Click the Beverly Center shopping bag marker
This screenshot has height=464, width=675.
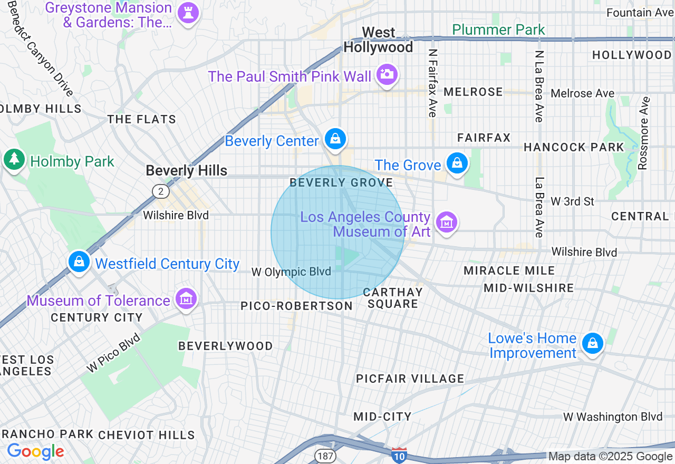coord(335,139)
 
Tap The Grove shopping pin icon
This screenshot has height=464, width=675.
coord(457,163)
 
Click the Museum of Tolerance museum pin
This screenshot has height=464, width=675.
coord(187,299)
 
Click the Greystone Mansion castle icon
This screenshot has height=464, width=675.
coord(188,12)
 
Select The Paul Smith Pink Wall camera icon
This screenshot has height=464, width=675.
coord(387,74)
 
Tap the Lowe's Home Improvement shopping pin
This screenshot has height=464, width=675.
coord(593,343)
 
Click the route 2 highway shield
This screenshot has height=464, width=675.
coord(160,191)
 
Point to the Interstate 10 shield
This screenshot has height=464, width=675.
coord(399,455)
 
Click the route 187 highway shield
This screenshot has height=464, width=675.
coord(323,455)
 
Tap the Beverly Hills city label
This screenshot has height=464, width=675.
coord(186,171)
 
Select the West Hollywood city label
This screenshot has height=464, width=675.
coord(378,40)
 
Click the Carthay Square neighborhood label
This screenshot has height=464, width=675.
coord(393,298)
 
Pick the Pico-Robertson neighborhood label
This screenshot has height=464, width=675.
coord(296,306)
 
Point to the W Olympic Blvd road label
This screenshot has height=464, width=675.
coord(291,272)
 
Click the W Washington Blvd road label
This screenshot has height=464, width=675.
coord(613,417)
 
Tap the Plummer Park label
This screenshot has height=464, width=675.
coord(498,30)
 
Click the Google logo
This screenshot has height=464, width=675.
coord(35,451)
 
